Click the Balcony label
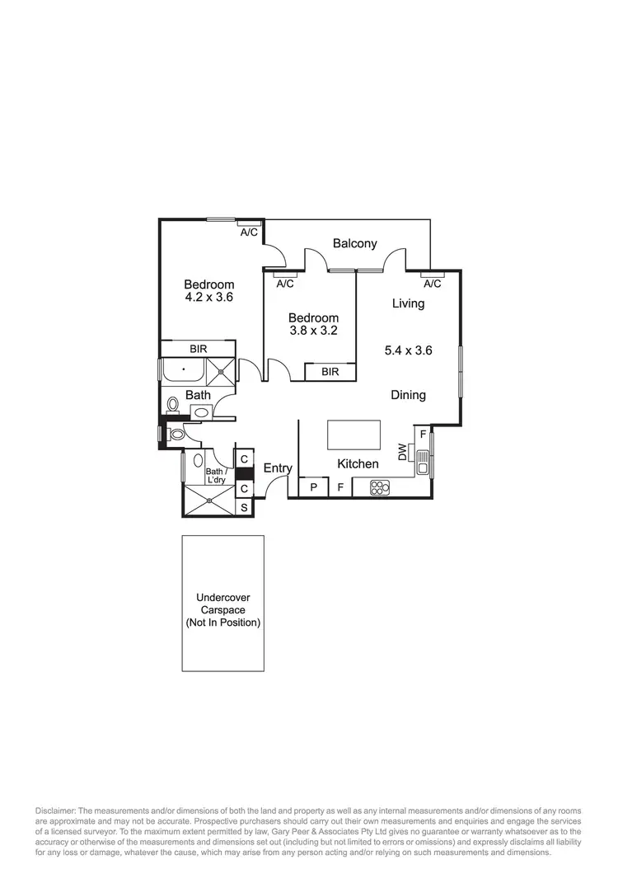pos(355,243)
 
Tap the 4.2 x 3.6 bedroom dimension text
pos(208,298)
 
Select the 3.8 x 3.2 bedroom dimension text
pos(312,331)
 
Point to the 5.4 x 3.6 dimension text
pos(409,350)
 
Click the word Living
pos(408,303)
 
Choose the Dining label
pos(408,395)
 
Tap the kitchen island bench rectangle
pos(353,435)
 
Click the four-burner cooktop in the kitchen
pos(379,488)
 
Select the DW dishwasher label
pos(402,452)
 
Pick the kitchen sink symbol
pos(422,463)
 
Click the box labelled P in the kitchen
pos(313,488)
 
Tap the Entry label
pos(278,468)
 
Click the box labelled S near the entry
pos(244,507)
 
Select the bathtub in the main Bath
pos(183,370)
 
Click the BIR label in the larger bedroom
pos(198,349)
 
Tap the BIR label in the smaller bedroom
pos(330,372)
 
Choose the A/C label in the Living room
pos(433,283)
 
